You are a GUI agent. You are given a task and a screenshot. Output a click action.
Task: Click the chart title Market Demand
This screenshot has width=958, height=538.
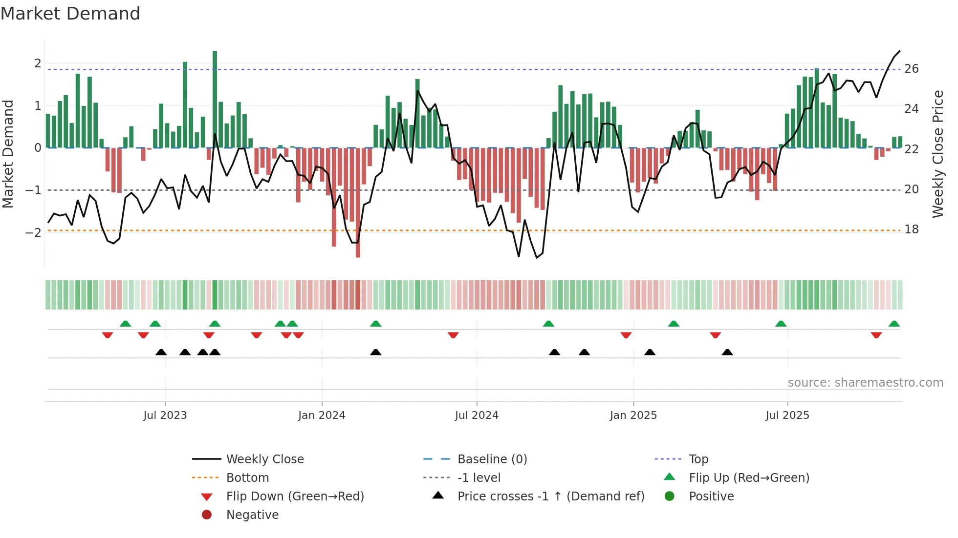pyautogui.click(x=70, y=14)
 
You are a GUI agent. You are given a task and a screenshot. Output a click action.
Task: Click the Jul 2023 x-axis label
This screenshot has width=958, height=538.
pyautogui.click(x=165, y=415)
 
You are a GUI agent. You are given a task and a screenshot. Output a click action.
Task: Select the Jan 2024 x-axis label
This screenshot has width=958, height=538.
pyautogui.click(x=322, y=415)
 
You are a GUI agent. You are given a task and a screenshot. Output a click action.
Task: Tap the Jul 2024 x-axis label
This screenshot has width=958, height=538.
pyautogui.click(x=477, y=415)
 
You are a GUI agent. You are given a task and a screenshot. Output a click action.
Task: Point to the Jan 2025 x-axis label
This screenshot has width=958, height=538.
pyautogui.click(x=633, y=415)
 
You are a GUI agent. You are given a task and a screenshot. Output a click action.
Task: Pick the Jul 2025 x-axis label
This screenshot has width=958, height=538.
pyautogui.click(x=787, y=415)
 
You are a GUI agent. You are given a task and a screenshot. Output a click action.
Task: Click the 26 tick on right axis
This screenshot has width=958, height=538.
pyautogui.click(x=912, y=69)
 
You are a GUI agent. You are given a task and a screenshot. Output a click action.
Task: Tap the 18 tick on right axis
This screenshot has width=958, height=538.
pyautogui.click(x=912, y=229)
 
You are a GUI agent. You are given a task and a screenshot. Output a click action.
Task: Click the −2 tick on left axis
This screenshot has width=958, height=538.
pyautogui.click(x=33, y=232)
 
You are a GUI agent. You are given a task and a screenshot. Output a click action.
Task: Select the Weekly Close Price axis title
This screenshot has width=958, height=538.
pyautogui.click(x=938, y=154)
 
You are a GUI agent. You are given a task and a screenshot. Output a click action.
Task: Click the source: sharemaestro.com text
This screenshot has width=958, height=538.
pyautogui.click(x=865, y=383)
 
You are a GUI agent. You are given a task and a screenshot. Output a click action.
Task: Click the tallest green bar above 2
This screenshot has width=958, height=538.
pyautogui.click(x=215, y=98)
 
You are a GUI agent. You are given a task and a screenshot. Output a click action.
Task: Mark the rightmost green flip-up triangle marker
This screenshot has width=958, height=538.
pyautogui.click(x=894, y=324)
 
